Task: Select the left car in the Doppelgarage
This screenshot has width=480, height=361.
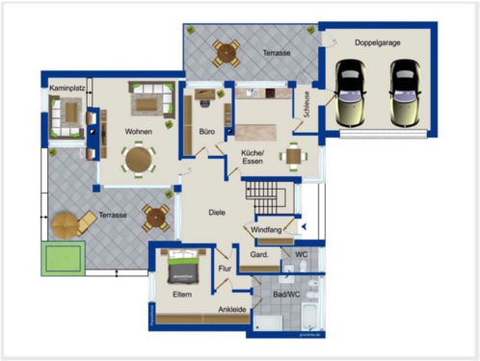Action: point(350,91)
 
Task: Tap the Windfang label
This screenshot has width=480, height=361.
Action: point(266,231)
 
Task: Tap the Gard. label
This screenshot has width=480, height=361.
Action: point(259,255)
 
